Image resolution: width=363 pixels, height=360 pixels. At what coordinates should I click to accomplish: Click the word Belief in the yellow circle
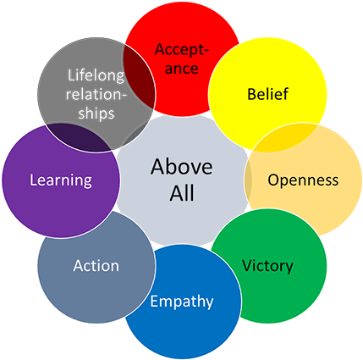tap(267, 94)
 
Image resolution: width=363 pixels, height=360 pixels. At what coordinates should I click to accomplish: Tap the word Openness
tap(302, 180)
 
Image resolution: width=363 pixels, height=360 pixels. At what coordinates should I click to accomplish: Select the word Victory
tap(267, 266)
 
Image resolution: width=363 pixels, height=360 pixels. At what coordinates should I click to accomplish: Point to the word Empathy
tap(182, 302)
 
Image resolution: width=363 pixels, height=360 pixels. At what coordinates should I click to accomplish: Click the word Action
tap(96, 266)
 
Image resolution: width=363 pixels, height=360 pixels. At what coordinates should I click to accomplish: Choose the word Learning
tap(60, 180)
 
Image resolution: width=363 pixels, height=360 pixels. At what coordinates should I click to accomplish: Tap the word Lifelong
tap(96, 76)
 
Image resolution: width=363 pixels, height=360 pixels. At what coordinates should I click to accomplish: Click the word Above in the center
tap(182, 166)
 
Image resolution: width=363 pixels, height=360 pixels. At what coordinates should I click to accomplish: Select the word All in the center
tap(182, 193)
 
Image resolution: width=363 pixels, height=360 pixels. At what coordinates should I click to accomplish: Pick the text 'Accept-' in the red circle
tap(182, 49)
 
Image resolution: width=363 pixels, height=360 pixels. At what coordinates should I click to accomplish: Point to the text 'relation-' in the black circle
tap(96, 94)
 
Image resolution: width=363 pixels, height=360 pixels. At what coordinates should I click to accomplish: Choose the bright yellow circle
tap(279, 68)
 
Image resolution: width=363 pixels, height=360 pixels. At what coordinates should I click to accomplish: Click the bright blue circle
tap(182, 330)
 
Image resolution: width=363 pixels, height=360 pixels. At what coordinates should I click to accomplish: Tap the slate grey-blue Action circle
tap(76, 292)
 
